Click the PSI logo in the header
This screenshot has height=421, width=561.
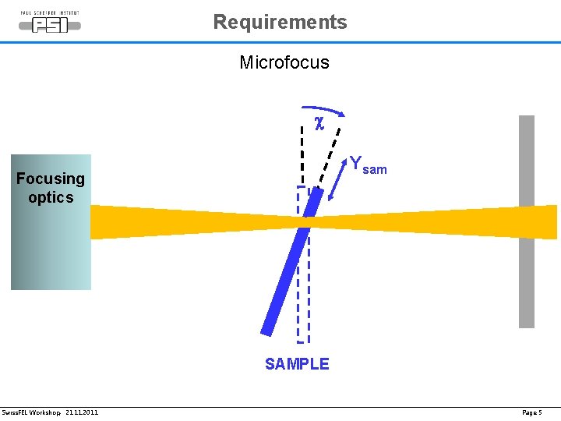coord(49,23)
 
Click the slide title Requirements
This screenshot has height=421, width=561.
coord(280,22)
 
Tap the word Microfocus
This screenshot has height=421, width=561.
coord(284,62)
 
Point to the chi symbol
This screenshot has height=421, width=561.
coord(319,122)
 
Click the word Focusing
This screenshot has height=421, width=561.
coord(51,179)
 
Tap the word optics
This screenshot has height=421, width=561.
coord(51,197)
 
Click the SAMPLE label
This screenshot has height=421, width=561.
coord(297,364)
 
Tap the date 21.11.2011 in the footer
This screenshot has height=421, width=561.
coord(82,412)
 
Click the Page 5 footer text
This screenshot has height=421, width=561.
coord(531,412)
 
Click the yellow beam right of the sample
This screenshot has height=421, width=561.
coord(436,221)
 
